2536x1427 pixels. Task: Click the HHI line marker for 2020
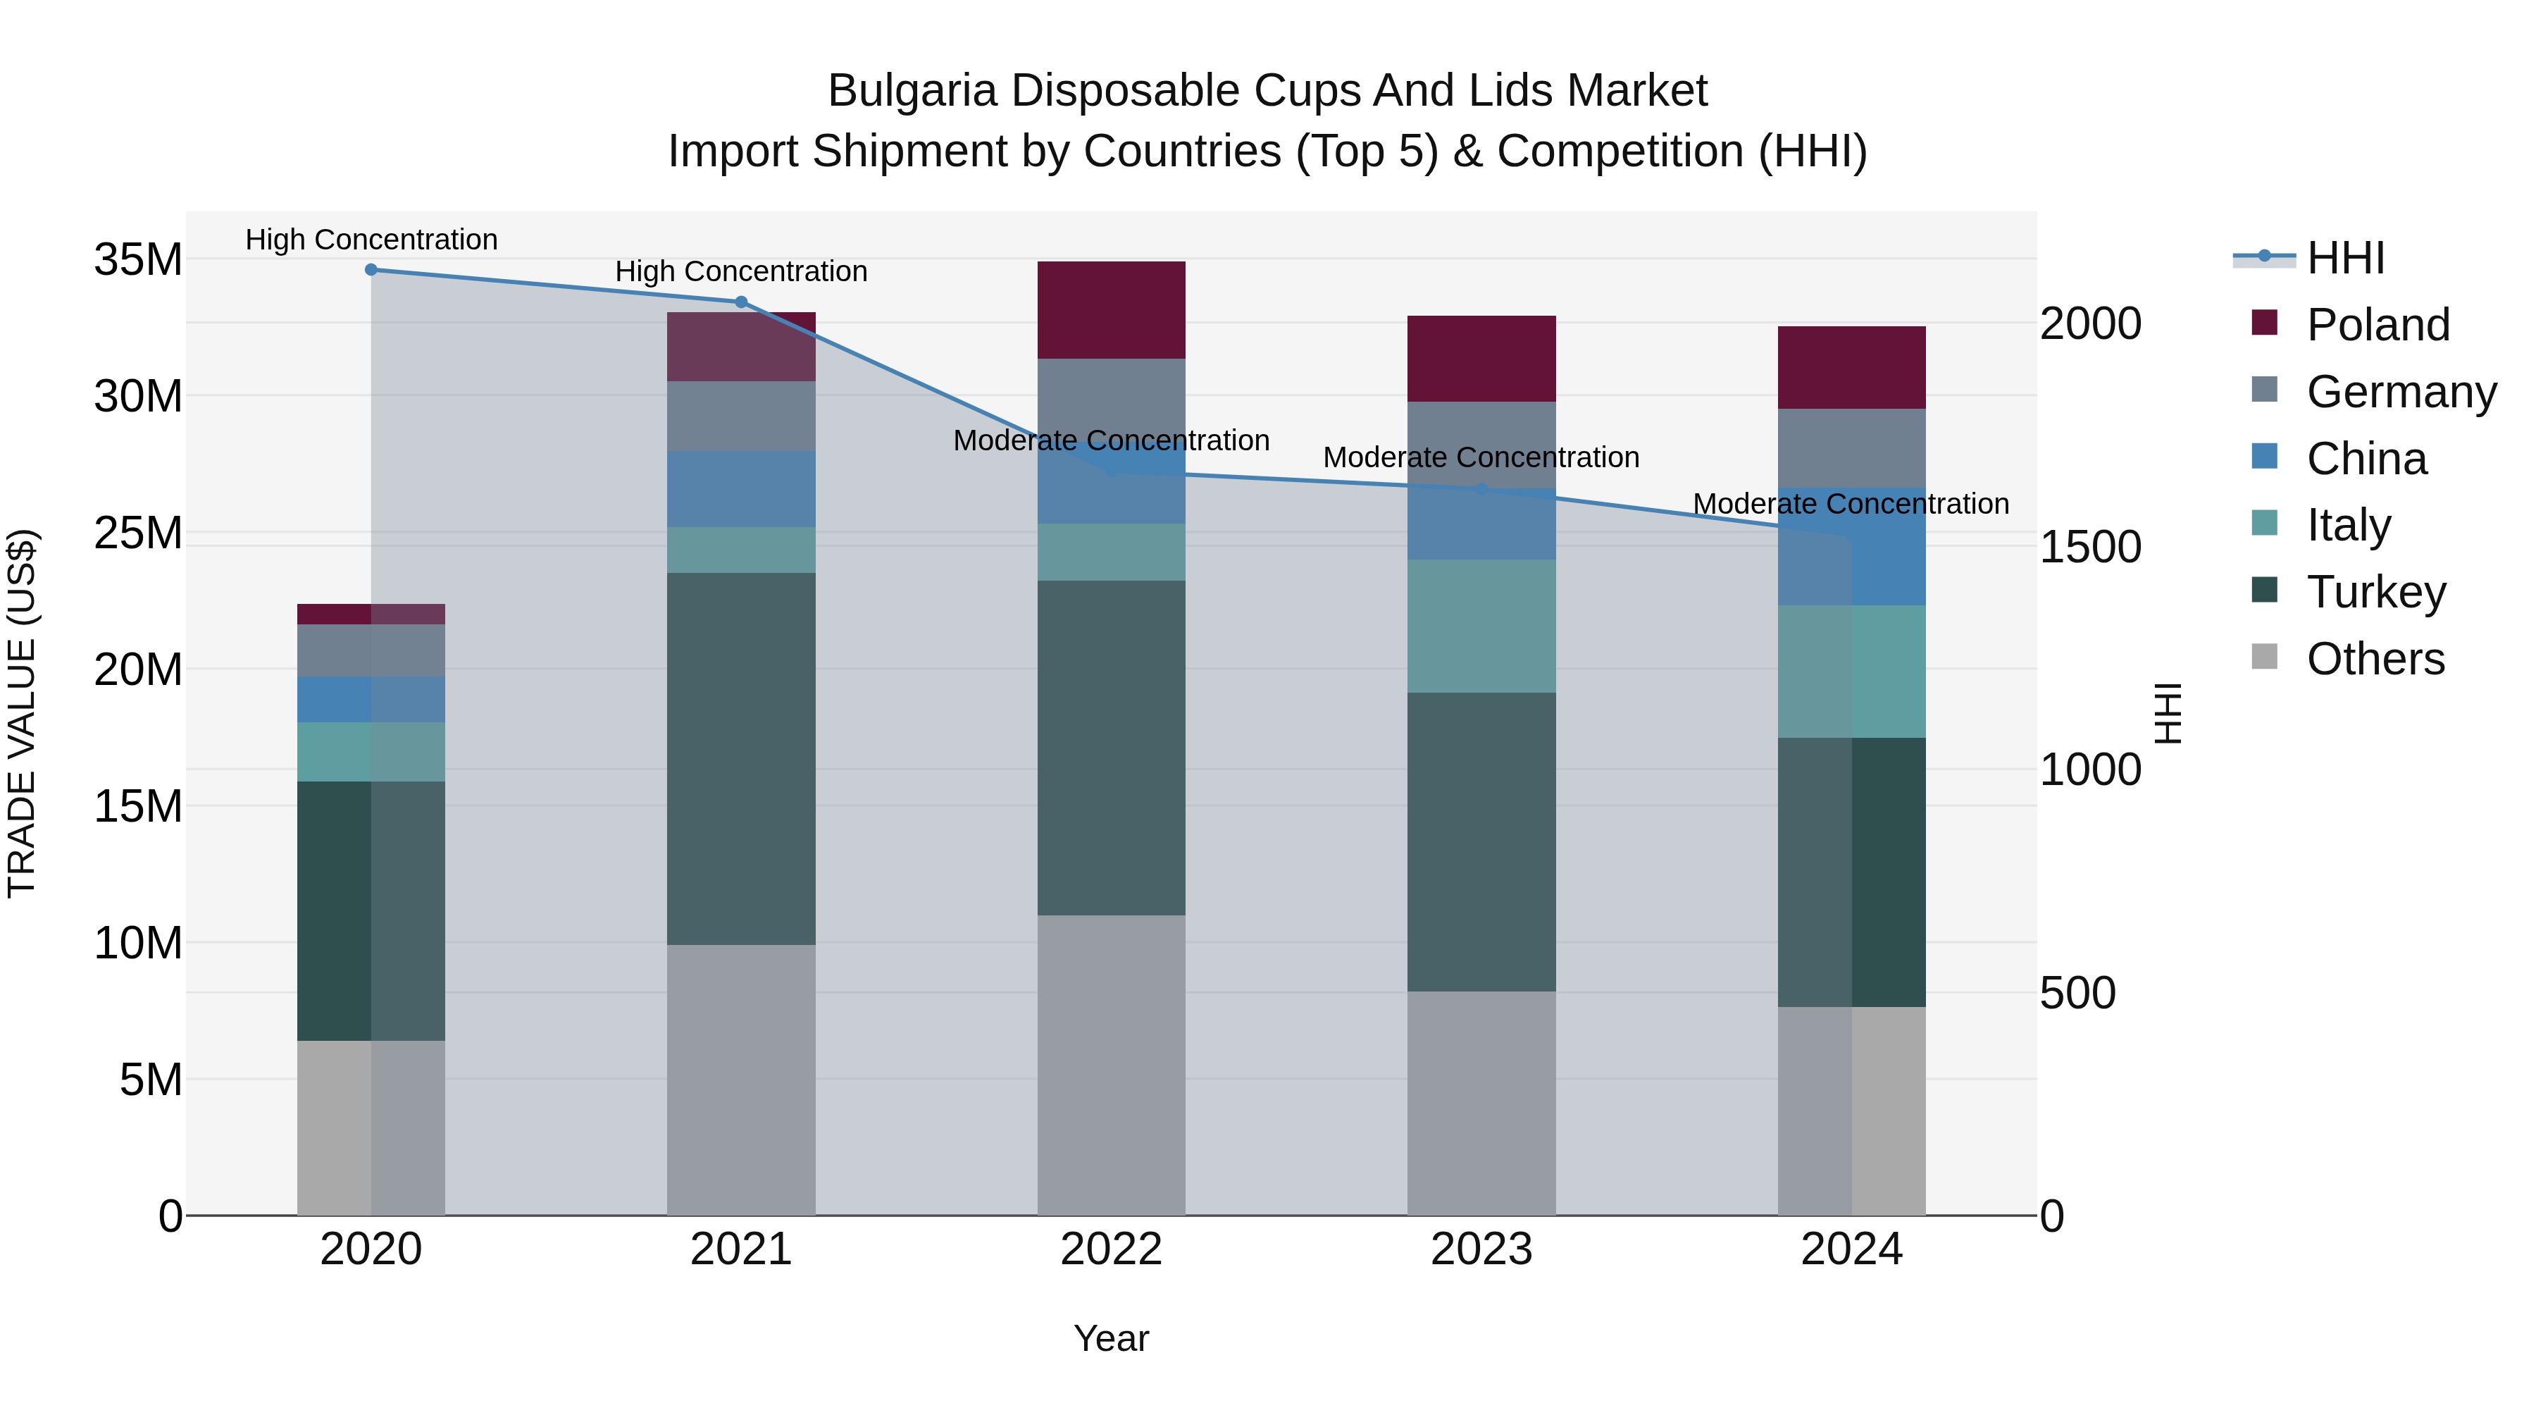[x=371, y=270]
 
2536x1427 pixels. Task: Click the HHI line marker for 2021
[x=741, y=302]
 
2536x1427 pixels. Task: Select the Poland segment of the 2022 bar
[x=1112, y=310]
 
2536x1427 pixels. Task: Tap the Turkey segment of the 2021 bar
[x=741, y=758]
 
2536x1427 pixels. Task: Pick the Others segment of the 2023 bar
[x=1481, y=1103]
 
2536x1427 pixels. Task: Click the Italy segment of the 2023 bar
[x=1481, y=626]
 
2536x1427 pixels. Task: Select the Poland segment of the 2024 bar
[x=1852, y=367]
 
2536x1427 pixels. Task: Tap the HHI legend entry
[x=2345, y=258]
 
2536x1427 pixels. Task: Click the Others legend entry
[x=2375, y=659]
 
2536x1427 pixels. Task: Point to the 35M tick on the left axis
[x=138, y=260]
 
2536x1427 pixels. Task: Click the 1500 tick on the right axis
[x=2090, y=548]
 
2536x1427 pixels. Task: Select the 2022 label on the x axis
[x=1112, y=1249]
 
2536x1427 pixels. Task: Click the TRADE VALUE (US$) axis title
[x=22, y=713]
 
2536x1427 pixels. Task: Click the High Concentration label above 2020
[x=371, y=240]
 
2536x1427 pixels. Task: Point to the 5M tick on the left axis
[x=151, y=1080]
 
